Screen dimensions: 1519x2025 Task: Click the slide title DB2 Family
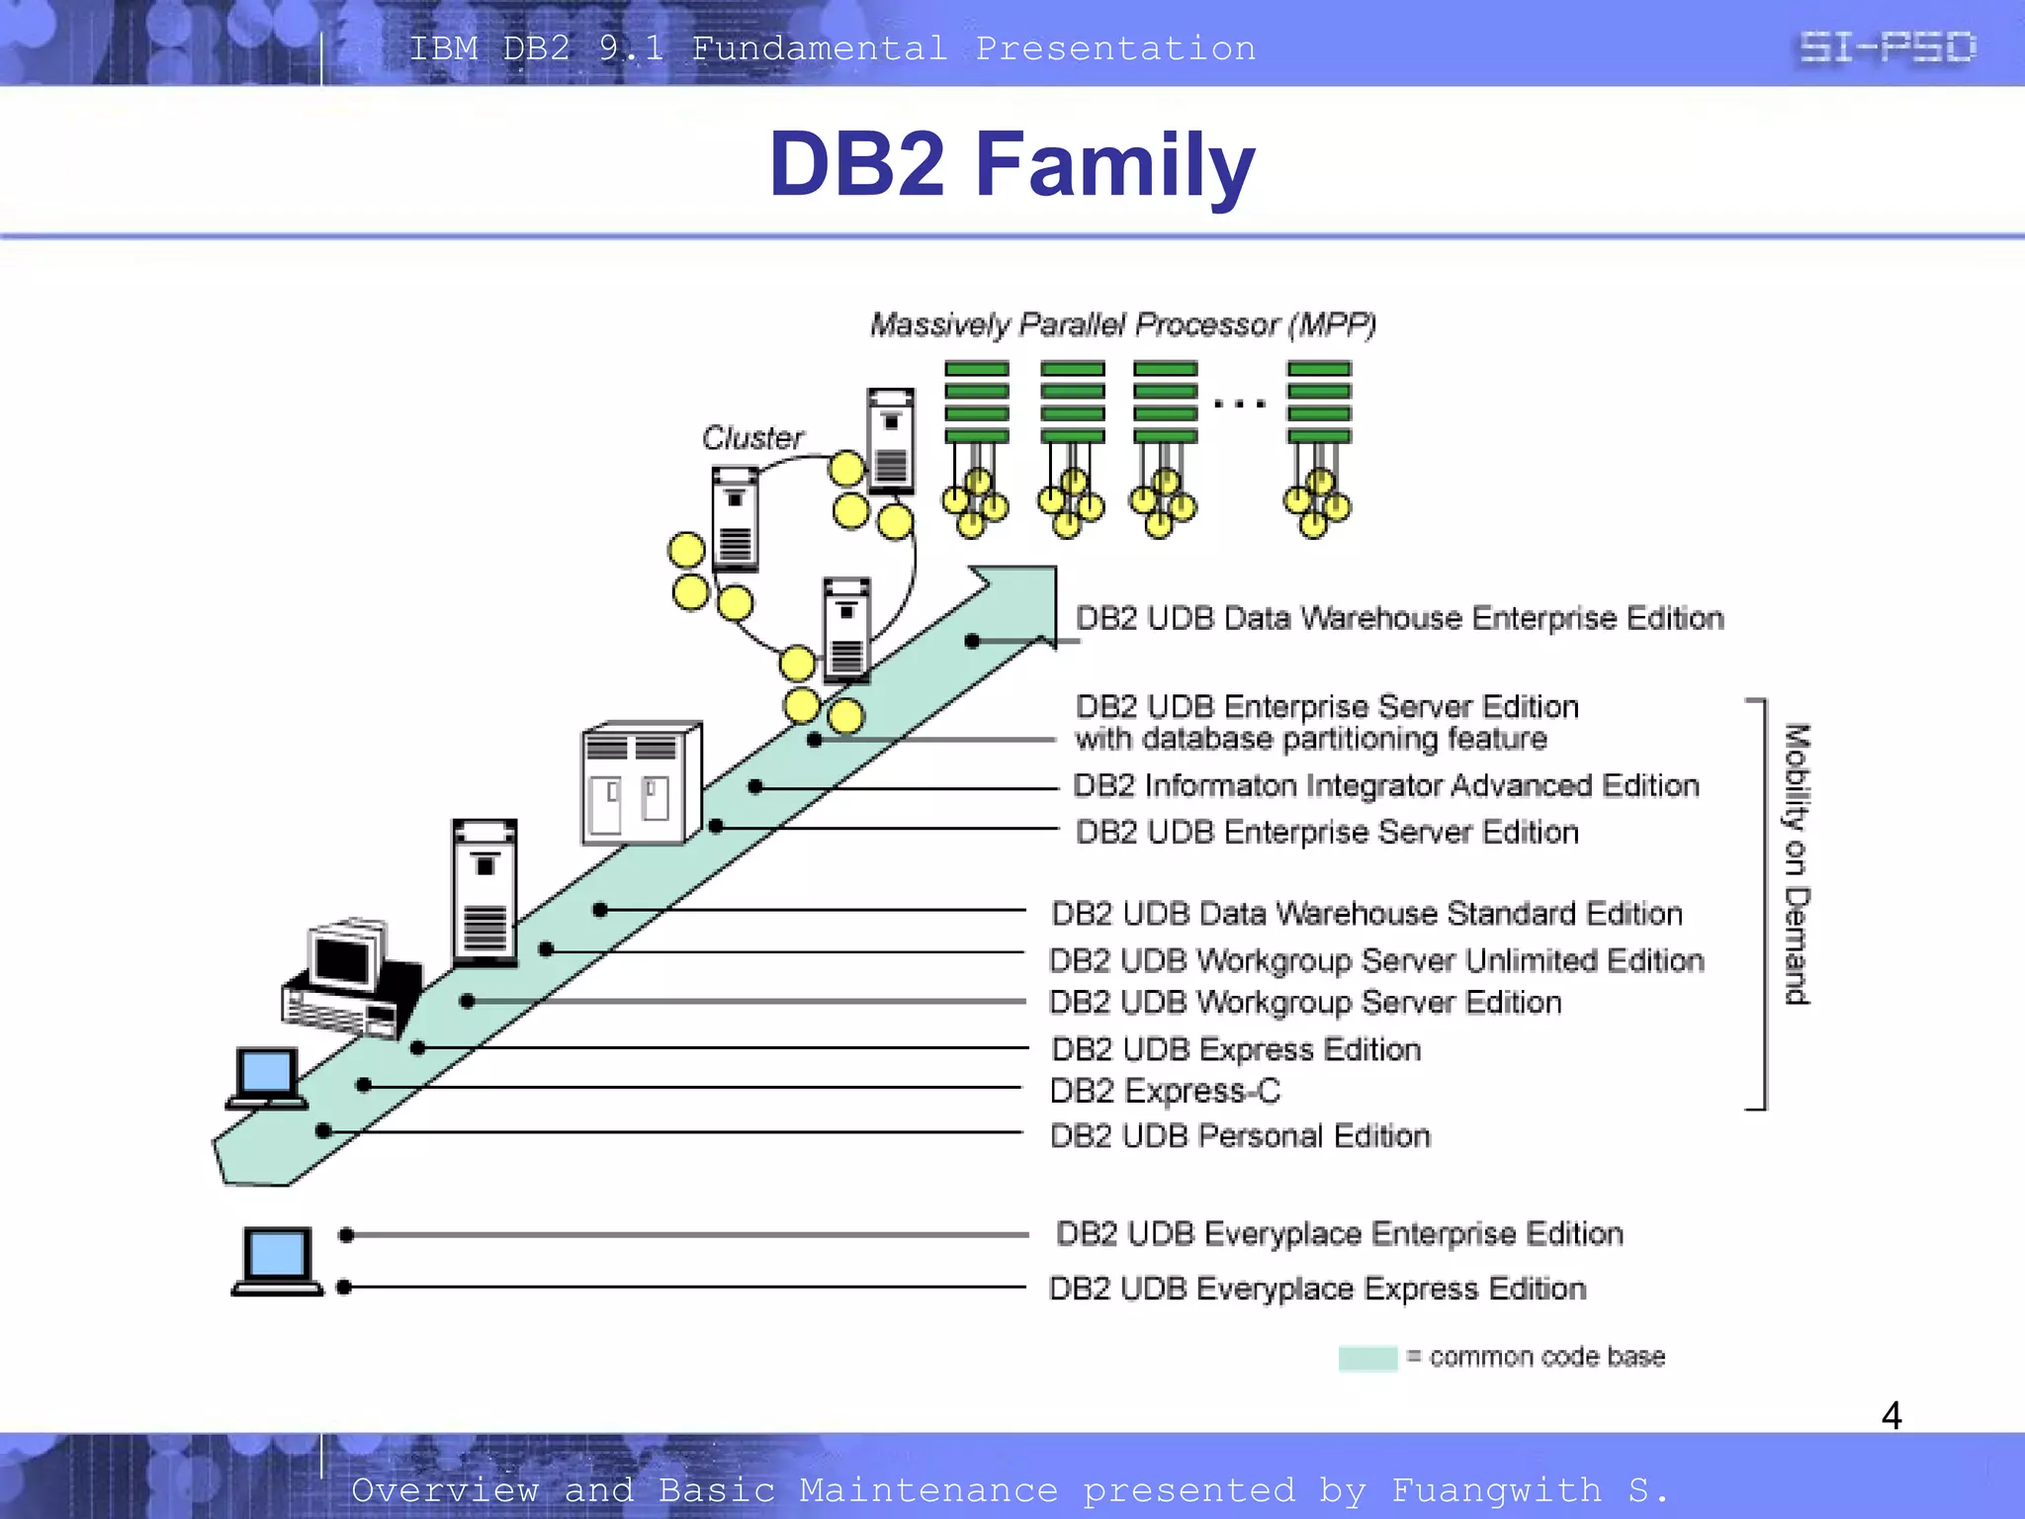coord(1012,164)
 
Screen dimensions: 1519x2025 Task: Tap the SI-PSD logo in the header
coord(1887,46)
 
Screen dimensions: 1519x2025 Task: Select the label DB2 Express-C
coord(1165,1091)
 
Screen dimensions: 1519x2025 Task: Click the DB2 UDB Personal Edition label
coord(1240,1135)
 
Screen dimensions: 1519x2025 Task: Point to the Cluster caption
coord(752,437)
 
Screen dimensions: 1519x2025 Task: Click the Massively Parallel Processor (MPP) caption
coord(1122,324)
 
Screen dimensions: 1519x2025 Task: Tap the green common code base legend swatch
coord(1367,1358)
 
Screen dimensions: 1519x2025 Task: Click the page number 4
coord(1891,1415)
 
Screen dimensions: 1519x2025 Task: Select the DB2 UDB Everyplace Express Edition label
coord(1317,1289)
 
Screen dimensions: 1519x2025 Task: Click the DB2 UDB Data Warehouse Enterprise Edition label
coord(1399,618)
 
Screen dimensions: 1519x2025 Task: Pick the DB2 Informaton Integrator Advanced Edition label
coord(1386,785)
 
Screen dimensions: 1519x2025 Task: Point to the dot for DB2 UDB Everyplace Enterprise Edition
coord(346,1234)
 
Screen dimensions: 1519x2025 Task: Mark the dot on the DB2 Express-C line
coord(364,1085)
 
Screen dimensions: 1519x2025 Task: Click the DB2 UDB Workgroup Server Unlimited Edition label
coord(1376,960)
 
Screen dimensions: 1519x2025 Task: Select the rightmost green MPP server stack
coord(1318,402)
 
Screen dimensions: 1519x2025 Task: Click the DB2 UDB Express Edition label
coord(1236,1048)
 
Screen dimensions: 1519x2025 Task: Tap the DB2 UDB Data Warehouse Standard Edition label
coord(1366,913)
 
